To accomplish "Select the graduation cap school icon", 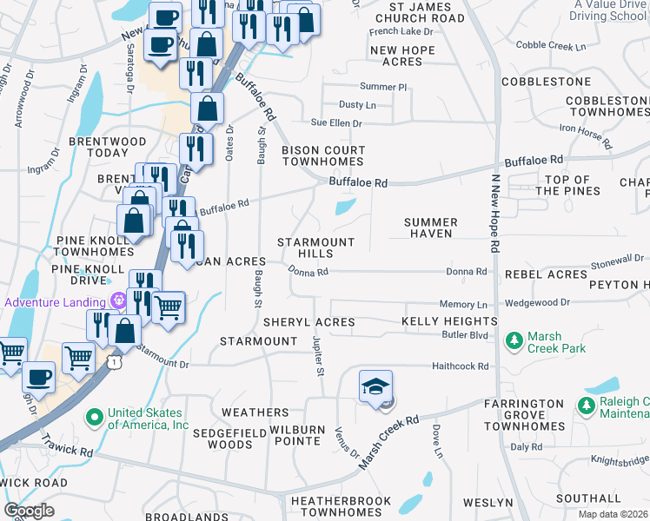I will click(375, 386).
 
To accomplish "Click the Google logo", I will click(29, 510).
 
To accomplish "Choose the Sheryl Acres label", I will click(309, 322).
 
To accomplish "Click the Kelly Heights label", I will click(449, 322).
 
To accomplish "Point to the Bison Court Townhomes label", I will click(323, 156).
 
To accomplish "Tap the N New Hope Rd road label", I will click(494, 213).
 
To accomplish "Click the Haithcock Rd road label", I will click(461, 366).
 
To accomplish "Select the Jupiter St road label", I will click(318, 358).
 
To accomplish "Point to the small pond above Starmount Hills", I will click(345, 207).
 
